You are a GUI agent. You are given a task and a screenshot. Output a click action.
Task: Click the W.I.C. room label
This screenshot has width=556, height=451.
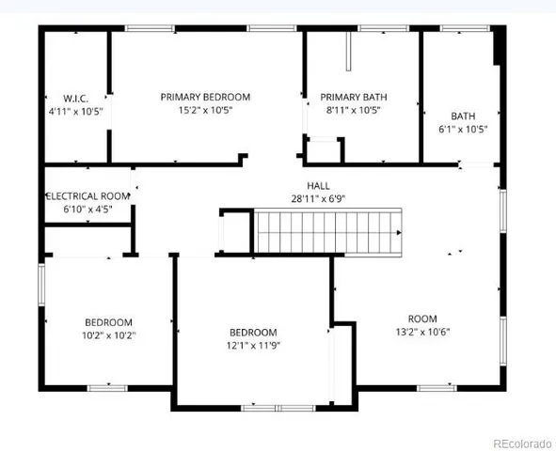tap(76, 98)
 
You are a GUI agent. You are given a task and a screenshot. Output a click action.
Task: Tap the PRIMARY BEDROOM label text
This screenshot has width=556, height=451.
tap(205, 97)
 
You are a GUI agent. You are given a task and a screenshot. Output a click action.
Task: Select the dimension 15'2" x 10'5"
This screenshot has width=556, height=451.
tap(205, 110)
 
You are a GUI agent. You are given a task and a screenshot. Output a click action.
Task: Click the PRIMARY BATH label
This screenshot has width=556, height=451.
tap(354, 97)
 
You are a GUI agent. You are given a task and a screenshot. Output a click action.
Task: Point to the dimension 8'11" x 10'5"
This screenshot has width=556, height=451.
tap(354, 110)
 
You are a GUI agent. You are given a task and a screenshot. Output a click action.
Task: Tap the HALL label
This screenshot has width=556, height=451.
tap(318, 186)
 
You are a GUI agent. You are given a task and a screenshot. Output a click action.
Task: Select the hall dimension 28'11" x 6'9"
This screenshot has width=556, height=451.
tap(318, 199)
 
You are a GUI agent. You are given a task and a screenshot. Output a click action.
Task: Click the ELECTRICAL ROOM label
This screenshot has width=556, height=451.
tap(87, 196)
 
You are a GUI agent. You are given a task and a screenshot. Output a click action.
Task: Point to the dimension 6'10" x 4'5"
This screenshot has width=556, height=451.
tap(87, 210)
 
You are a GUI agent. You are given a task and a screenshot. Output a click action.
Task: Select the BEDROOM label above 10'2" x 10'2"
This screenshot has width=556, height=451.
tap(108, 321)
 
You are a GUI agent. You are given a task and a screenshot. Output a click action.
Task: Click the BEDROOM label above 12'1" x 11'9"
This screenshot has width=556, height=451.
tap(254, 332)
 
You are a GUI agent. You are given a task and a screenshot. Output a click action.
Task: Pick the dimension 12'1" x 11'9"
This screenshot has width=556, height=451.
tap(254, 345)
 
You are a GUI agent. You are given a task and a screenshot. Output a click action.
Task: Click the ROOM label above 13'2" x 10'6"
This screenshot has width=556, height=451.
tap(422, 318)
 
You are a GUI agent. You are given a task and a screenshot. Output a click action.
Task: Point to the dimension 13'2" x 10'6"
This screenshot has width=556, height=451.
tap(422, 331)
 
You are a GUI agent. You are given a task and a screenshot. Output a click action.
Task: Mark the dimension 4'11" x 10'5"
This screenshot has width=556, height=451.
tap(76, 111)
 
